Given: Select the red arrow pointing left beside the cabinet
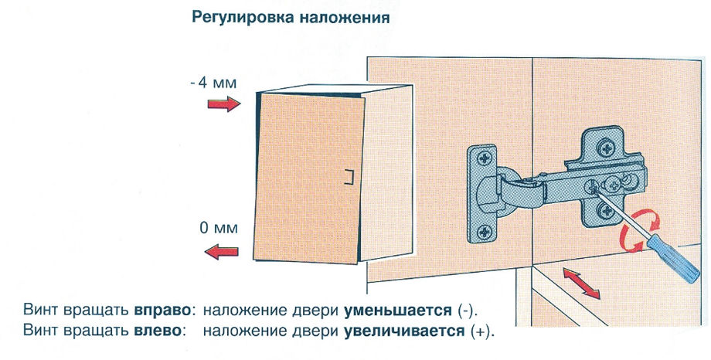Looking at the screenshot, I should [x=223, y=250].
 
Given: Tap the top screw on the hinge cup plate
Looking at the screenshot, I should [x=485, y=160].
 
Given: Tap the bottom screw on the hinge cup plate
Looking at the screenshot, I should [x=485, y=229].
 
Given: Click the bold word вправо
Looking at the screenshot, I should [x=163, y=311].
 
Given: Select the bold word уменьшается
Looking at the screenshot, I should [x=396, y=311].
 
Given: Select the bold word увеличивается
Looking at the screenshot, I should [x=403, y=331].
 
